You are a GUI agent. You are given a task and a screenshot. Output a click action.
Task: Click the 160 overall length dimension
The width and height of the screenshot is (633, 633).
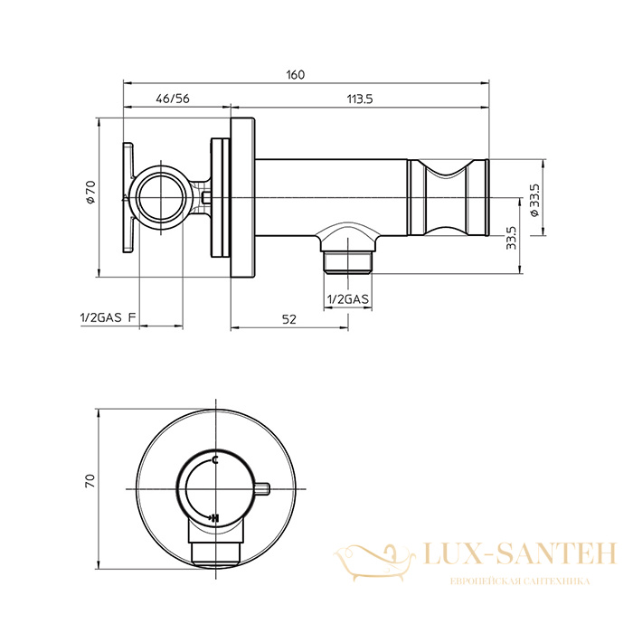tap(296, 75)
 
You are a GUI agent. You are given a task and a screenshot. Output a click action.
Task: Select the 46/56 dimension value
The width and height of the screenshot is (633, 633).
tap(173, 99)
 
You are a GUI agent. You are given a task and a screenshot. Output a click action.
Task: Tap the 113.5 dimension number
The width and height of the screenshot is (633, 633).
tap(360, 99)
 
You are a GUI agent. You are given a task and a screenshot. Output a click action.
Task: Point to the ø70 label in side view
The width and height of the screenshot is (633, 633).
tap(90, 192)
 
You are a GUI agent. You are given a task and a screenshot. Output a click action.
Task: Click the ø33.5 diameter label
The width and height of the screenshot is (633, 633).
tap(534, 200)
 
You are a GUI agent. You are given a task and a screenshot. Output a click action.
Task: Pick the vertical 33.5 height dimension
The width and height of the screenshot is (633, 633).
tap(511, 237)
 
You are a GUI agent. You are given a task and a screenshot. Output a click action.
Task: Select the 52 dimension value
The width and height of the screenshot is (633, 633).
tap(288, 319)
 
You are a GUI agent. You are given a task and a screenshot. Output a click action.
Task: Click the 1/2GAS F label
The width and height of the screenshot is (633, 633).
tap(109, 317)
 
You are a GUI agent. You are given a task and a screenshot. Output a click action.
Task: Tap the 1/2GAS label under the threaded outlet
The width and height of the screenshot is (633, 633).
tap(347, 299)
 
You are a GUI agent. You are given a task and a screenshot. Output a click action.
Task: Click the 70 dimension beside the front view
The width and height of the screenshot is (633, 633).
tap(90, 480)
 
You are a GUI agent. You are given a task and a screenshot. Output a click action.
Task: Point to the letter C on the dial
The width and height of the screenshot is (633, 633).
tap(215, 459)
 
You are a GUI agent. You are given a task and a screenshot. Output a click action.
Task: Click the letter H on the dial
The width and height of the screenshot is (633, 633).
tap(215, 517)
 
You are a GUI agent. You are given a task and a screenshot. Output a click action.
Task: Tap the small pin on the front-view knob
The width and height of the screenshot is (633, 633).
tap(263, 488)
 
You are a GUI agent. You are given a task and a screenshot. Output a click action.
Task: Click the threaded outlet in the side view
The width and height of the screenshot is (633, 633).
tap(347, 262)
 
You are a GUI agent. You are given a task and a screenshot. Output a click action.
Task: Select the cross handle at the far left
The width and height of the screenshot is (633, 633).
tap(128, 198)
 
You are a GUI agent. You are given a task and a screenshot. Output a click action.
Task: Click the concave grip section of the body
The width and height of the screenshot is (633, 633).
tap(446, 197)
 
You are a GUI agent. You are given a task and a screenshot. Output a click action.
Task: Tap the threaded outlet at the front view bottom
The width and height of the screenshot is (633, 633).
tap(215, 553)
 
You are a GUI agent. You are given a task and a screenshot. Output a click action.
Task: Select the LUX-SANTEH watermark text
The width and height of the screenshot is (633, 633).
tap(520, 553)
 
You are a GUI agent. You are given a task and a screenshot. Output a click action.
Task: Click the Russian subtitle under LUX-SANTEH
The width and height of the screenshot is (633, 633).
tap(520, 581)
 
